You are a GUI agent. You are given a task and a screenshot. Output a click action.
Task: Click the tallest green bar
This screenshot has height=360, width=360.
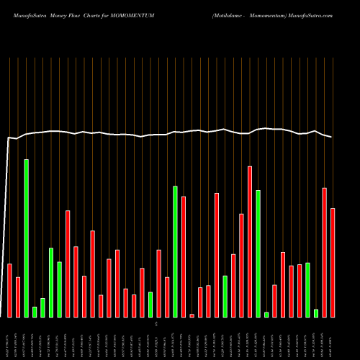(x=27, y=238)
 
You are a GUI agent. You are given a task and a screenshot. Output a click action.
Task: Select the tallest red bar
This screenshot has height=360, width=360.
(x=250, y=241)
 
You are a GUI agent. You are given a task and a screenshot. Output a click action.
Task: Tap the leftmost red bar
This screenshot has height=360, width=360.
(x=10, y=290)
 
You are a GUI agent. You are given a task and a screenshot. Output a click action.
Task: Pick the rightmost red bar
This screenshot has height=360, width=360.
(x=333, y=262)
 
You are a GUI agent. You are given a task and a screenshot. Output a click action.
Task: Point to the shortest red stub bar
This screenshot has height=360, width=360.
(x=192, y=315)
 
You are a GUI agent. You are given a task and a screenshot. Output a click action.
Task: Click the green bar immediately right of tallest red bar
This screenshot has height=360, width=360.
(x=258, y=253)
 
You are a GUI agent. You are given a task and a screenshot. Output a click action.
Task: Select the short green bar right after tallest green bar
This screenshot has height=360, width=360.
(x=35, y=312)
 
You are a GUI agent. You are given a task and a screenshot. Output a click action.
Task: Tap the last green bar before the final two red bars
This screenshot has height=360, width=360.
(x=316, y=312)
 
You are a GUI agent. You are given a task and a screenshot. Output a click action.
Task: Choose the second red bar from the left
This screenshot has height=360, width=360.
(x=18, y=297)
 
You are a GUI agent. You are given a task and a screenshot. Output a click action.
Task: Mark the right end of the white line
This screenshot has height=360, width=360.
(x=332, y=137)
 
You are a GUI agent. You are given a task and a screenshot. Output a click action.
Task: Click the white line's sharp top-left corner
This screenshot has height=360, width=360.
(x=9, y=137)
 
